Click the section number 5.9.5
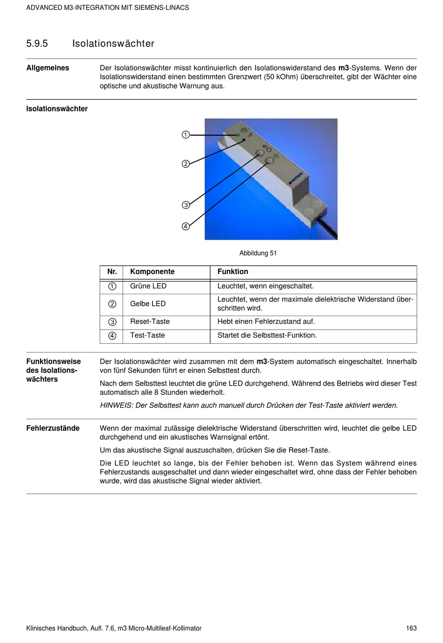point(37,44)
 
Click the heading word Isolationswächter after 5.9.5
point(113,44)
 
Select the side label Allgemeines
point(48,68)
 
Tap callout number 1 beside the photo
point(186,135)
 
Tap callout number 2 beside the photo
point(186,164)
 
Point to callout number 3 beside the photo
point(186,205)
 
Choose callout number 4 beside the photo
point(186,227)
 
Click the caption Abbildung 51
point(258,253)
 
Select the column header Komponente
point(152,272)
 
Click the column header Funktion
point(233,272)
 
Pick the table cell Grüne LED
point(148,286)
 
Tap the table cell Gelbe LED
point(148,304)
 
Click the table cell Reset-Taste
point(150,322)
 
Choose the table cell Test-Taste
point(147,335)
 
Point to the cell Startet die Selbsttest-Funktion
point(267,335)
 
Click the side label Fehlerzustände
point(53,428)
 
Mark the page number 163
point(411,629)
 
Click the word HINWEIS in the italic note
point(117,406)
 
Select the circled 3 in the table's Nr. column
point(112,322)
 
